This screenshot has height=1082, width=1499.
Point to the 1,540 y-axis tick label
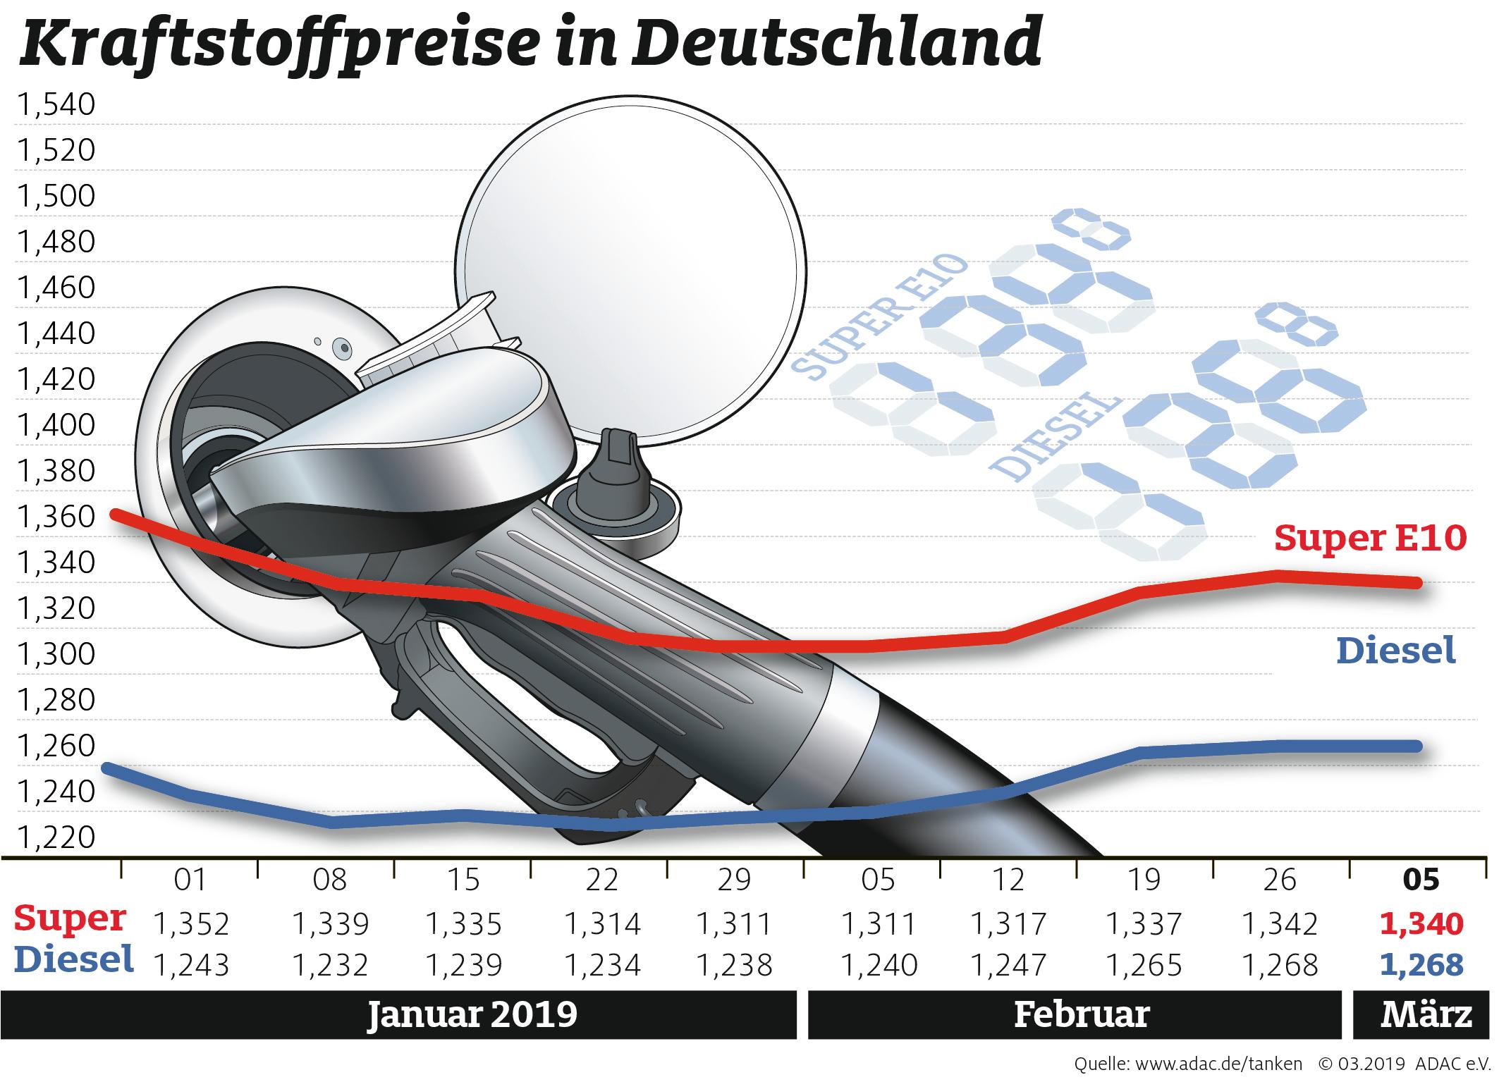click(x=56, y=104)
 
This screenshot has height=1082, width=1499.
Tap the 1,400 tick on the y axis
click(x=56, y=425)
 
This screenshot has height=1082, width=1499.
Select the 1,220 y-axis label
click(x=56, y=837)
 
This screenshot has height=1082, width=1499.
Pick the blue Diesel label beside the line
click(x=1396, y=650)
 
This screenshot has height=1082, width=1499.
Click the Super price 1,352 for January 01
click(x=190, y=923)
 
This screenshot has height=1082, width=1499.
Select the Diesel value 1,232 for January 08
click(x=330, y=964)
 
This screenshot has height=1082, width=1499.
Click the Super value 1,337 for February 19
click(x=1144, y=923)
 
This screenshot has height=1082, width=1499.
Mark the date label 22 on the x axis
click(x=601, y=880)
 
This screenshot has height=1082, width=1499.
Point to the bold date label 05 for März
click(x=1421, y=880)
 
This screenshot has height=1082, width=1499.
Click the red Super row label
click(x=70, y=918)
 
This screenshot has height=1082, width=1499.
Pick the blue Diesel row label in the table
click(x=74, y=959)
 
